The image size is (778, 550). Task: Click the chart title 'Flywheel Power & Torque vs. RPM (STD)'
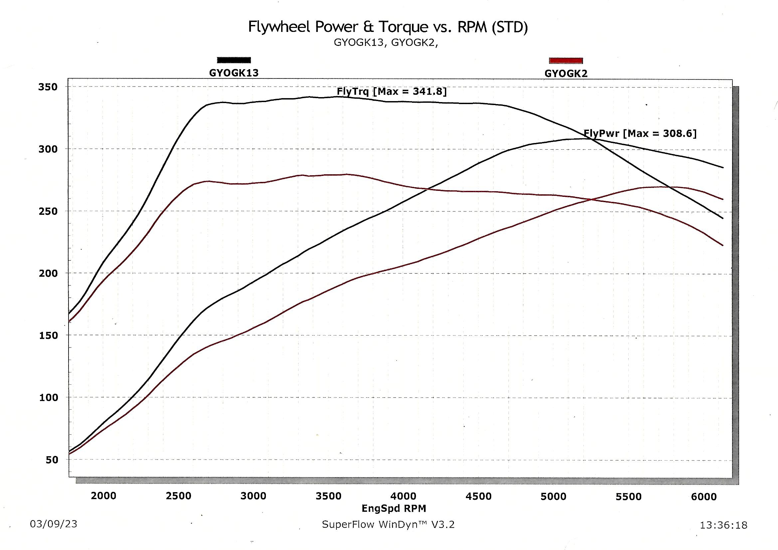pos(388,27)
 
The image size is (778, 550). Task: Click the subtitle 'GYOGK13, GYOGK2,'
pos(386,43)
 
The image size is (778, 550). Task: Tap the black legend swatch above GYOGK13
pos(234,60)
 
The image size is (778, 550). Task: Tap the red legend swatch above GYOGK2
pos(566,61)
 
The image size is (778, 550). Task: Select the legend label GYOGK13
pos(234,73)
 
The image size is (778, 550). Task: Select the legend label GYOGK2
pos(566,73)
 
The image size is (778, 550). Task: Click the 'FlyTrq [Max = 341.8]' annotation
pos(392,91)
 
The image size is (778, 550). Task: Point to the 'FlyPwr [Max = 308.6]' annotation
pos(640,133)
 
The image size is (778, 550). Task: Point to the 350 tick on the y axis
pos(48,87)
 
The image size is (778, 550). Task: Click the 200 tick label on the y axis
pos(48,273)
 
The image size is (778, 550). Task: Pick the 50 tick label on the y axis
pos(52,460)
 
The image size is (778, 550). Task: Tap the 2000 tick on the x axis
pos(103,496)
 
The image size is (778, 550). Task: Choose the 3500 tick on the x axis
pos(328,496)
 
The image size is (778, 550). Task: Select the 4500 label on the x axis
pos(479,496)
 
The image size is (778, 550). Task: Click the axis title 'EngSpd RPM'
pos(394,508)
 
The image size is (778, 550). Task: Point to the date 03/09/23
pos(54,524)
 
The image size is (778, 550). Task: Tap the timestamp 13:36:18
pos(723,525)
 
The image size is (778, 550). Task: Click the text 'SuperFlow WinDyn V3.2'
pos(388,525)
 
